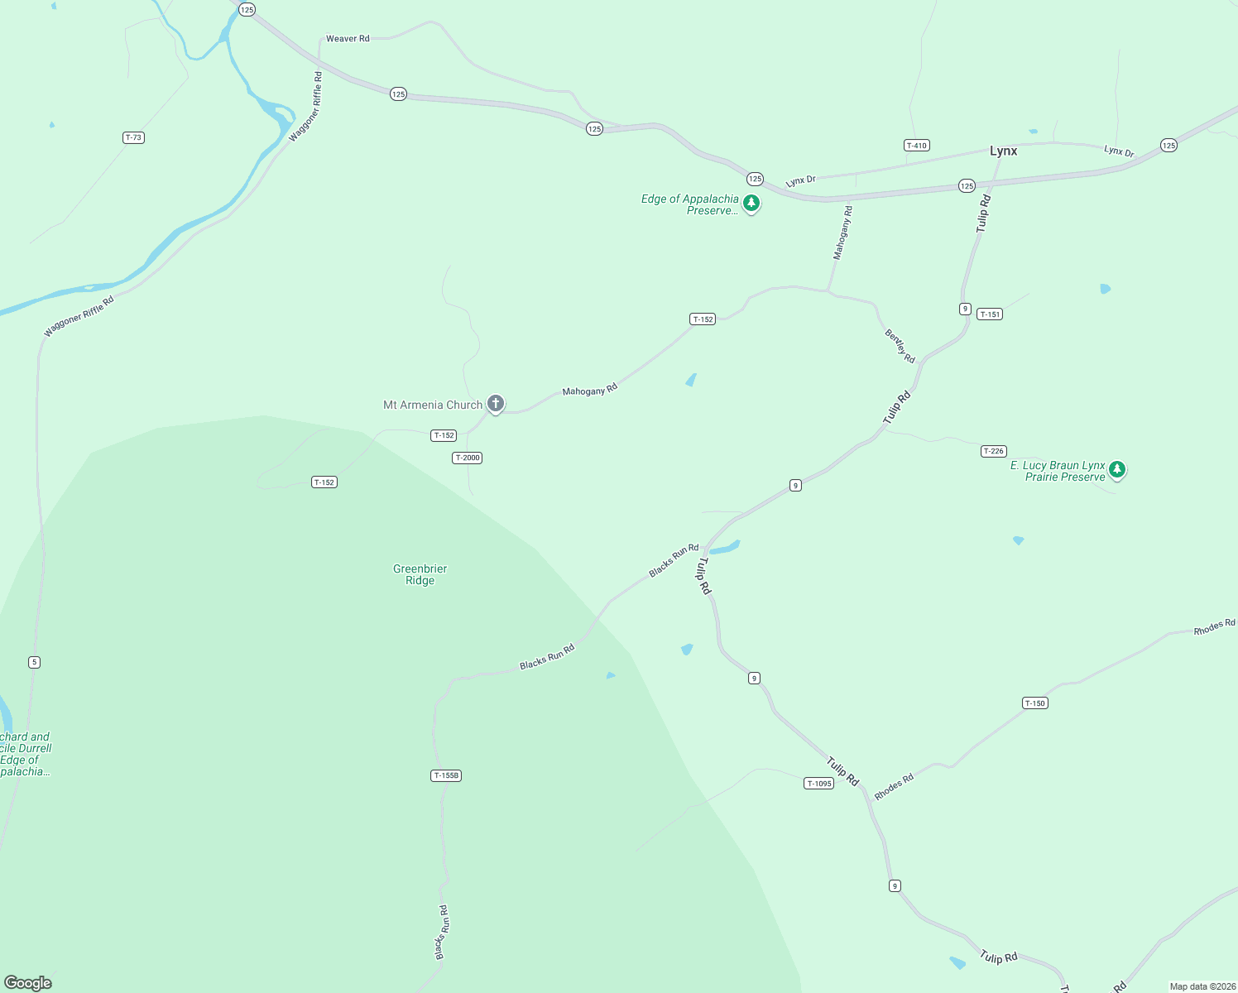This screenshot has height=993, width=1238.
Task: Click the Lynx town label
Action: (1003, 151)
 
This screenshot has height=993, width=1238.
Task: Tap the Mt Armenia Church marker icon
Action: (496, 404)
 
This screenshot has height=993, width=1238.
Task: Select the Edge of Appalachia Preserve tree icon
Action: (751, 203)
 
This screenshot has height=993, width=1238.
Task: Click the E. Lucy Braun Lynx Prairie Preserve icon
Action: (1117, 470)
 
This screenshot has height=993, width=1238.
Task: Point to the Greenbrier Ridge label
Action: (420, 574)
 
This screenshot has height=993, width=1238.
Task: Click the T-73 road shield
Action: (133, 137)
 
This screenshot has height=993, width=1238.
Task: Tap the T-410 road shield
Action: (916, 146)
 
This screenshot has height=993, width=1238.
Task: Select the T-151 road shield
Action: (990, 314)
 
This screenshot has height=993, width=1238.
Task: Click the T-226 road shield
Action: (993, 451)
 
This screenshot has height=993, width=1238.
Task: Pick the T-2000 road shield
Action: (467, 458)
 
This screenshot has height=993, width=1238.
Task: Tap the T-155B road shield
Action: (446, 775)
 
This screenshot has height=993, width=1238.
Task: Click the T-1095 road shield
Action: (818, 784)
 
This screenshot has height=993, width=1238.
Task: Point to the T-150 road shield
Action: (1035, 703)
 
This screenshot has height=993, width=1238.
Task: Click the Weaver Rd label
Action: (348, 39)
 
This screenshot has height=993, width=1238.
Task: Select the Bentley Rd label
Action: (900, 346)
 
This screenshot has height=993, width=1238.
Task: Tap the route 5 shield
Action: (34, 662)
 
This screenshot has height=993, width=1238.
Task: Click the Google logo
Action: (27, 983)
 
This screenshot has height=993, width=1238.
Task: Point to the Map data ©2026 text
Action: (1201, 986)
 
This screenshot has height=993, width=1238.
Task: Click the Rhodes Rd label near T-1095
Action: (894, 787)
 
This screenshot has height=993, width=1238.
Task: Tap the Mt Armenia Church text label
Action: (432, 405)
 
